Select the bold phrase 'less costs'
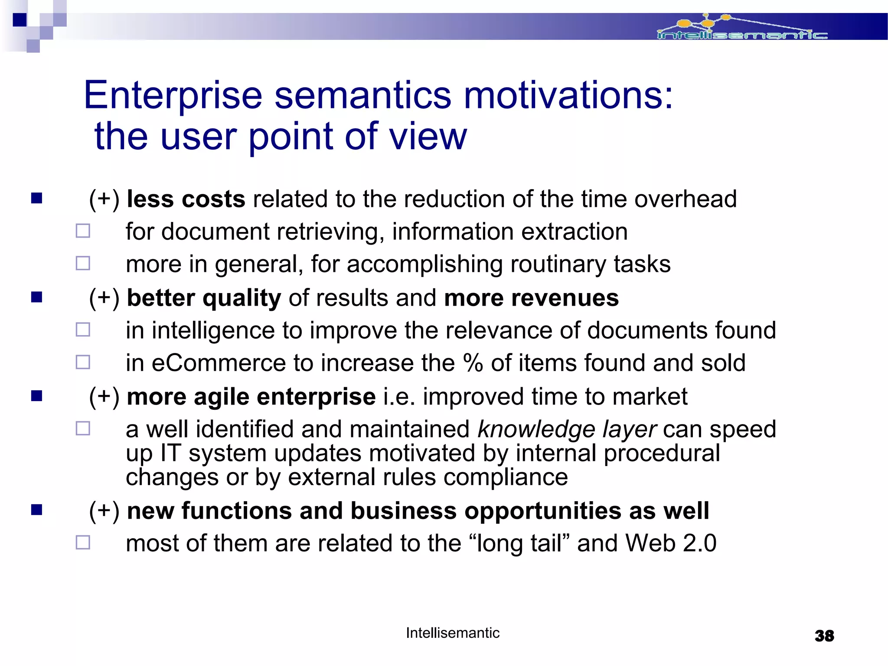[x=186, y=199]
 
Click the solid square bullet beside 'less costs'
[x=37, y=198]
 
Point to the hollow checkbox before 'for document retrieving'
[x=83, y=231]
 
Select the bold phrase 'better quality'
[x=204, y=298]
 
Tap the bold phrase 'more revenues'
[x=531, y=298]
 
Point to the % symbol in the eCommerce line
[x=473, y=363]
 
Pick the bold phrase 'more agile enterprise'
[x=251, y=397]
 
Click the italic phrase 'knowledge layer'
[x=567, y=429]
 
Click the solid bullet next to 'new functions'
[x=37, y=509]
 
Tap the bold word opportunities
[x=543, y=511]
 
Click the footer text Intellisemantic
[x=453, y=633]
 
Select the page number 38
[x=824, y=636]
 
